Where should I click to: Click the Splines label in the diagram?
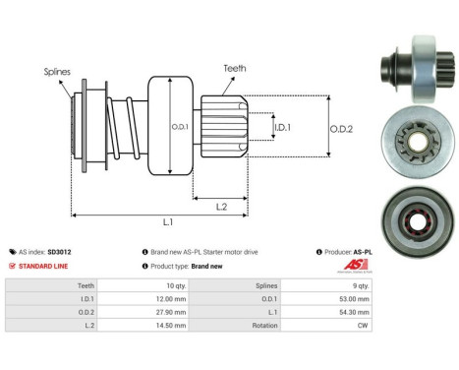pyautogui.click(x=57, y=72)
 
